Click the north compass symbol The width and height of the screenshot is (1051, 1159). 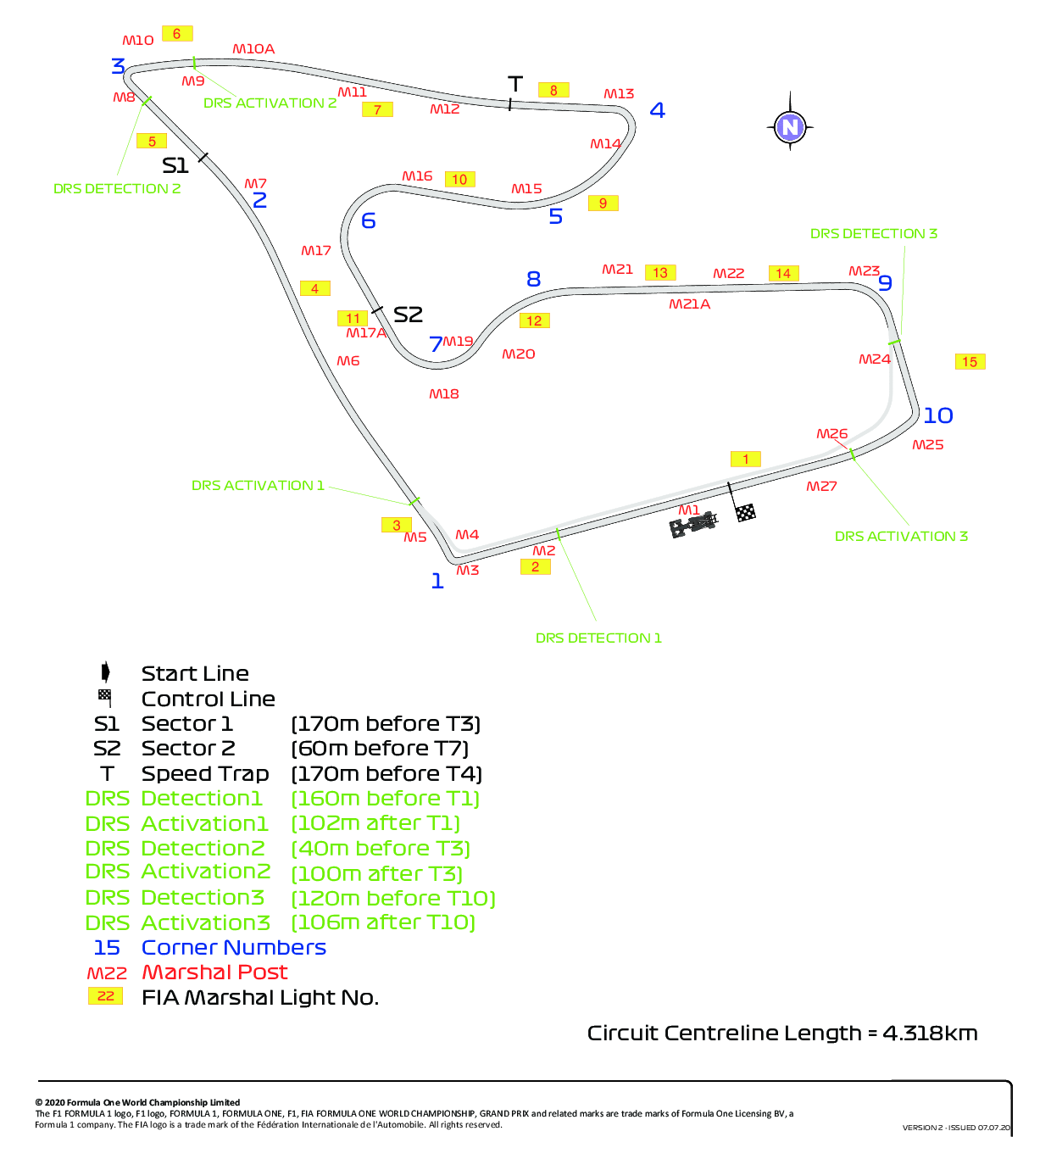coord(790,126)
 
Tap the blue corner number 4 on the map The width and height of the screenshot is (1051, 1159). coord(657,109)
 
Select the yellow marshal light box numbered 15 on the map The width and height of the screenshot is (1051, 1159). coord(970,362)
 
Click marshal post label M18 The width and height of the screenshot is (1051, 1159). coord(444,394)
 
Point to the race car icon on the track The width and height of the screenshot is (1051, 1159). coord(693,524)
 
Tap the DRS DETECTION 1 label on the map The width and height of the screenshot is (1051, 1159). coord(598,638)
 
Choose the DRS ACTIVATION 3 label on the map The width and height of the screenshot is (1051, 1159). coord(901,536)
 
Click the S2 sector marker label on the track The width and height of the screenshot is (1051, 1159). coord(408,315)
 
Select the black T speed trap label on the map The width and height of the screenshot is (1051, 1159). coord(514,84)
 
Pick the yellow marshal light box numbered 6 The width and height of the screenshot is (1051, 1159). coord(177,34)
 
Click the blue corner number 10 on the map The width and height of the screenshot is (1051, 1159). coord(937,415)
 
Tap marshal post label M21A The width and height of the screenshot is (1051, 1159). coord(689,304)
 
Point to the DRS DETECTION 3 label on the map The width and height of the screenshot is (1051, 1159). coord(873,233)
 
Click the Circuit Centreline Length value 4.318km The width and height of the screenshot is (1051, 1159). coord(931,1033)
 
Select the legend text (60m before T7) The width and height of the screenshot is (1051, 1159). coord(380,749)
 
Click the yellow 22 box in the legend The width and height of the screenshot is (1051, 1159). coord(105,996)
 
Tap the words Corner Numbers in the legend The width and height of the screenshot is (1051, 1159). coord(233,948)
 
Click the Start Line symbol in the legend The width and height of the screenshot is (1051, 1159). coord(105,672)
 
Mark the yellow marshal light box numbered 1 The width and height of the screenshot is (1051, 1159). coord(745,459)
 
